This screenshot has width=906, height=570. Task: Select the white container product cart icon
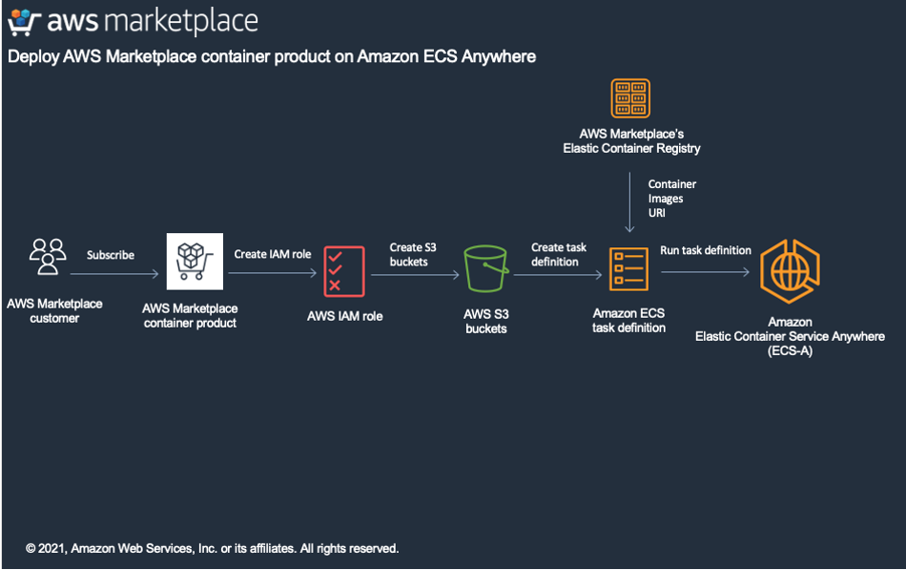click(x=195, y=261)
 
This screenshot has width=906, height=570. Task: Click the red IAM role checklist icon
click(x=344, y=270)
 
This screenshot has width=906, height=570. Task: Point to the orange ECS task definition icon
click(x=628, y=269)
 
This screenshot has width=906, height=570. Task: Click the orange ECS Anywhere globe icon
click(x=790, y=271)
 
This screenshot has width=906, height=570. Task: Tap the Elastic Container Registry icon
click(x=630, y=99)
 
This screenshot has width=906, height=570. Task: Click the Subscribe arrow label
click(x=111, y=255)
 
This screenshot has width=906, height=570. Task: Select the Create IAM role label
click(x=273, y=254)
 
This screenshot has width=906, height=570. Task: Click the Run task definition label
click(x=706, y=250)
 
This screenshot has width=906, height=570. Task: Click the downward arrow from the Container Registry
click(x=629, y=202)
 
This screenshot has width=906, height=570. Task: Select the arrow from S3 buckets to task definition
click(x=559, y=275)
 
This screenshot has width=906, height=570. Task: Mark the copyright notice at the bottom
click(x=212, y=548)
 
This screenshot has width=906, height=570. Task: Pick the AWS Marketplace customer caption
click(x=54, y=310)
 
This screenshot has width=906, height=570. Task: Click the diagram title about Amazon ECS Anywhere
click(x=272, y=56)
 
